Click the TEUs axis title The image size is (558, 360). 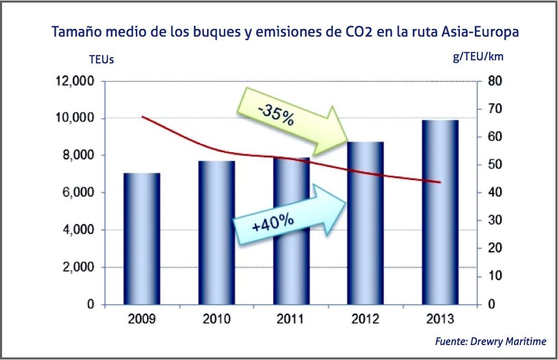102,59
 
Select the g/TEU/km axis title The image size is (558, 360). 477,57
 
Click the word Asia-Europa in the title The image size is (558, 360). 480,32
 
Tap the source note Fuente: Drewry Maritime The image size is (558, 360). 490,341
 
